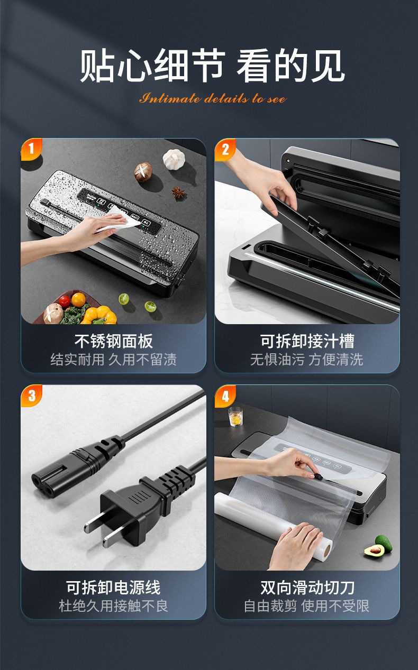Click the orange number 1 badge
coord(31,149)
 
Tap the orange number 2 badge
coord(225,149)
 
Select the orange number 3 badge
coord(31,395)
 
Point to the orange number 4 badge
coord(225,396)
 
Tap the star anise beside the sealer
coord(179,192)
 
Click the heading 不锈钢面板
coord(114,341)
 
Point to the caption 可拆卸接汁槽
coord(307,341)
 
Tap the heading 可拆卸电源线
coord(113,588)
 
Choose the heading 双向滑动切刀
coord(307,588)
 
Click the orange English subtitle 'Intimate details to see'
coord(213,98)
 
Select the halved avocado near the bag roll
coord(374,549)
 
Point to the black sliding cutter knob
coord(318,476)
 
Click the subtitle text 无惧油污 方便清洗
coord(307,360)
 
